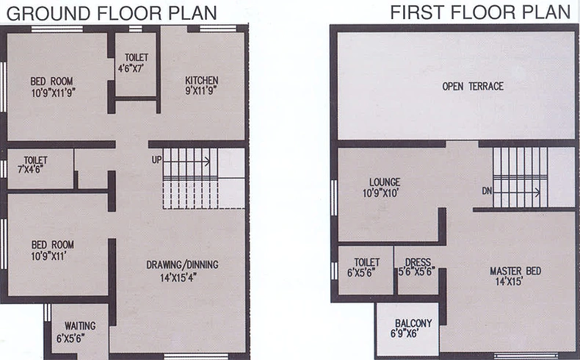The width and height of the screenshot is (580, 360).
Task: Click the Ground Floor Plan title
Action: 112,13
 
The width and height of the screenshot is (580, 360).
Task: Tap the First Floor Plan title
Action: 480,12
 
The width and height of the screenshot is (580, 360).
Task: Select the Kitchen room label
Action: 202,80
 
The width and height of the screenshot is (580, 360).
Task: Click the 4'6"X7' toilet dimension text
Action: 131,68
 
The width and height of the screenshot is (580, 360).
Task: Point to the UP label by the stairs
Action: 156,159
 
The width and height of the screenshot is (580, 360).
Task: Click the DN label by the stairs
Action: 487,191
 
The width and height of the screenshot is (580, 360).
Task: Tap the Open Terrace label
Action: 473,86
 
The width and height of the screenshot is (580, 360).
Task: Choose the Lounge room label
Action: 385,182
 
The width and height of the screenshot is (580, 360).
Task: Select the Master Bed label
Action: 515,271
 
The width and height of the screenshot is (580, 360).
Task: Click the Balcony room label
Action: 413,323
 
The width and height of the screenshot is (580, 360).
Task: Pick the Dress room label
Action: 418,262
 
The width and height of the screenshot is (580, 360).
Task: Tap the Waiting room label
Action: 80,326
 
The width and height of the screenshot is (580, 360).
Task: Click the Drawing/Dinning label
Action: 182,265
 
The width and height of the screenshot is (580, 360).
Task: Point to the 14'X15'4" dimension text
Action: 178,278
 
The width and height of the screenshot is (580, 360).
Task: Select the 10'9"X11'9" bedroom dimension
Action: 54,93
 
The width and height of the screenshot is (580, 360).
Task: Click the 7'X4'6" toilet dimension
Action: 30,169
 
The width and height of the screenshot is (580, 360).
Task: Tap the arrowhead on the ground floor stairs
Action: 208,162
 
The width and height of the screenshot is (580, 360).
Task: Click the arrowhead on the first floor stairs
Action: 537,192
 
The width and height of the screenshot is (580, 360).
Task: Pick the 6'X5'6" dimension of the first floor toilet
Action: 361,273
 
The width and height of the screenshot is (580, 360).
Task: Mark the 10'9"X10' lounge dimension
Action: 380,193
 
